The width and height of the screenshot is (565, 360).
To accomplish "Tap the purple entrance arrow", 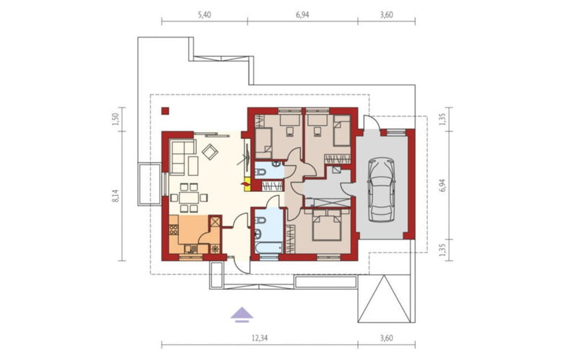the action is [242, 314].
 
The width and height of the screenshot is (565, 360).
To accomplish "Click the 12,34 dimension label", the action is [259, 338].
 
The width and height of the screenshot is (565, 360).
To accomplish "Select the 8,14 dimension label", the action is [115, 195].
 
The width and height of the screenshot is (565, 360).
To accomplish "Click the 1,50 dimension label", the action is [115, 119].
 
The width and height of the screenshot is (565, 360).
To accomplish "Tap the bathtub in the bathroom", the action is [269, 247].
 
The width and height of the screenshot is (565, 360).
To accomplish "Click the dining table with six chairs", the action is [189, 198].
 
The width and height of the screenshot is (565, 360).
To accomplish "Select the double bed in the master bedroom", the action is [327, 225].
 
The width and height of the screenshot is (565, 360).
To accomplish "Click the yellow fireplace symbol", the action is [247, 183].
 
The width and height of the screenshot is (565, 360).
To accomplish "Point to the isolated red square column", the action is [165, 111].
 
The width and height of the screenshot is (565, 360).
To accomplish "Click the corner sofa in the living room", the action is [183, 157].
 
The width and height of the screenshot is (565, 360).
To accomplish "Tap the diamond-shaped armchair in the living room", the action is [210, 152].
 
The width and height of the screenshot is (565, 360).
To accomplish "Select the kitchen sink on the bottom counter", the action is [191, 248].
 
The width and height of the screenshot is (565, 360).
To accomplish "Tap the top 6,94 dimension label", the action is [302, 14].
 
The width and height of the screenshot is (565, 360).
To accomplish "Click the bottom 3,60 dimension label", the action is [386, 338].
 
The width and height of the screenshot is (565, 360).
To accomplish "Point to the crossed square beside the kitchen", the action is [215, 221].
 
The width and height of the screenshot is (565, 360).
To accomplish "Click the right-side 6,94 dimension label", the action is [442, 185].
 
